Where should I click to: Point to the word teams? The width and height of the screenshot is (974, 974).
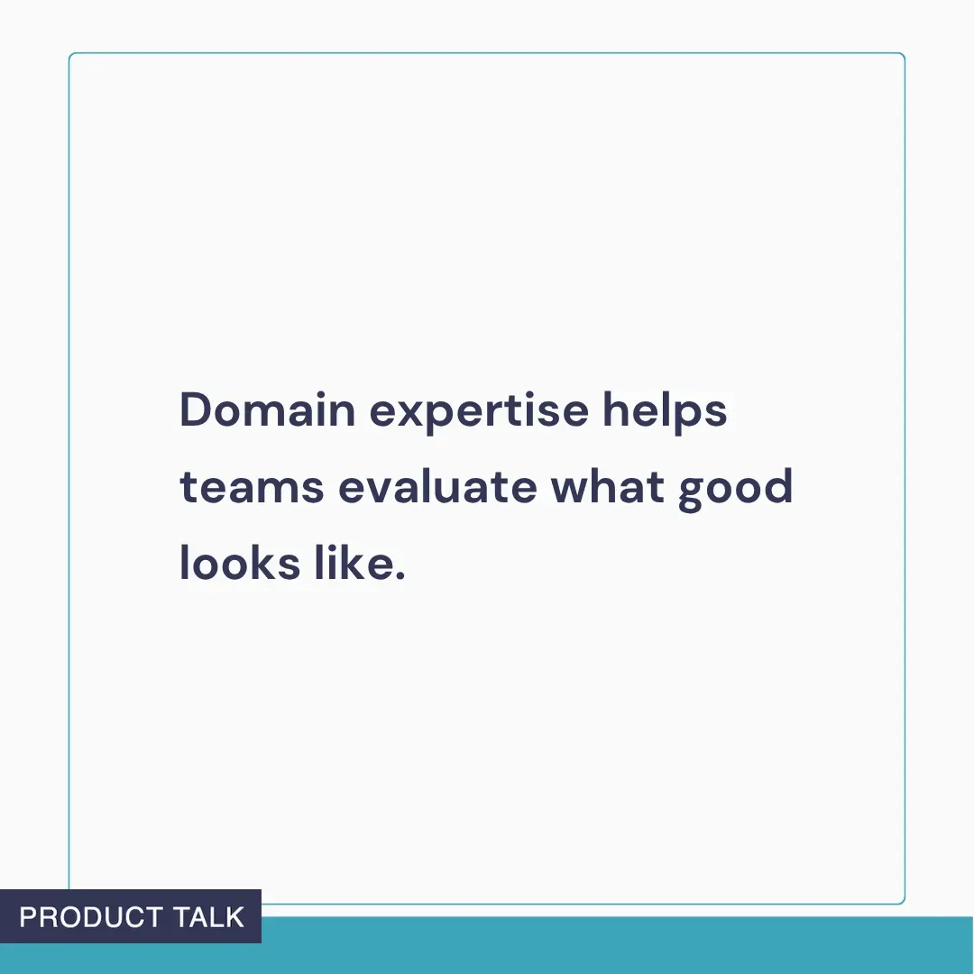[252, 488]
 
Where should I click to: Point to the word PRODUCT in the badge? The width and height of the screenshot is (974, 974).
[90, 917]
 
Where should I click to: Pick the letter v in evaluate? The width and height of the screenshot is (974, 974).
[376, 490]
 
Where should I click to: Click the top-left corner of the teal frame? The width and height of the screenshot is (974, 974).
[70, 55]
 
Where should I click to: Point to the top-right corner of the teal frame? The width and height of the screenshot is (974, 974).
[903, 55]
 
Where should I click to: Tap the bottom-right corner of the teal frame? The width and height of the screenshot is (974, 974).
[903, 902]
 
